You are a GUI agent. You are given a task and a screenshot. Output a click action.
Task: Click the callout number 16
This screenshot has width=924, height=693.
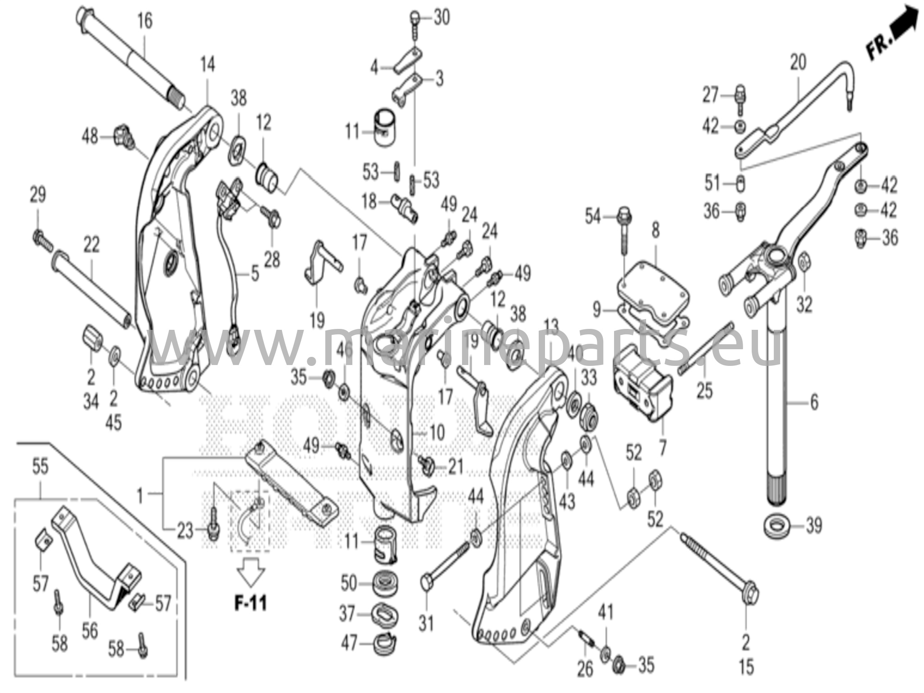pyautogui.click(x=145, y=21)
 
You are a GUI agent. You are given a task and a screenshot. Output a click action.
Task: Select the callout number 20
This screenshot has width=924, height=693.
pyautogui.click(x=798, y=63)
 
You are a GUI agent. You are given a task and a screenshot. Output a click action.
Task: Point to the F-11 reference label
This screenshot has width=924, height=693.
pyautogui.click(x=250, y=603)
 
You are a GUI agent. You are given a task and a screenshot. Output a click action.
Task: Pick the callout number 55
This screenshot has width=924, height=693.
pyautogui.click(x=40, y=467)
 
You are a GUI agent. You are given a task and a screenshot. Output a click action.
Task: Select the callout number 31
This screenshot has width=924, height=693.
pyautogui.click(x=426, y=624)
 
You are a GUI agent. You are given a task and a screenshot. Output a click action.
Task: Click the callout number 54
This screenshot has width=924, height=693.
pyautogui.click(x=593, y=217)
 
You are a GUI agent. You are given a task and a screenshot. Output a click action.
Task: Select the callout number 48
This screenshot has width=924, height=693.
pyautogui.click(x=90, y=135)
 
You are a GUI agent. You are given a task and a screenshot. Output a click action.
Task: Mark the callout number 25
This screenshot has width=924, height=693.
pyautogui.click(x=704, y=390)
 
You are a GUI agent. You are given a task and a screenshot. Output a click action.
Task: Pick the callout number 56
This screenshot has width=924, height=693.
pyautogui.click(x=89, y=631)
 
